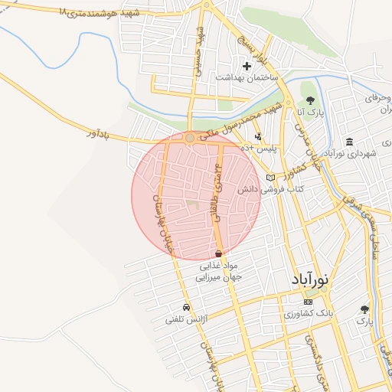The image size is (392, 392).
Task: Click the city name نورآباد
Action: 309,281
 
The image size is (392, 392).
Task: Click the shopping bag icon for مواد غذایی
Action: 219,253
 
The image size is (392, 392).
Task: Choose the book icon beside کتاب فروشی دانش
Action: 269,177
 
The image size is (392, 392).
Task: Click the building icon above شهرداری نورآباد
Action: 350,142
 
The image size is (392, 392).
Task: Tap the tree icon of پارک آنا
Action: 309,100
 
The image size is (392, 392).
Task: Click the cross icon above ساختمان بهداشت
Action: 247,67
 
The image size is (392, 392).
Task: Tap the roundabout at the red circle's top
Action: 190,138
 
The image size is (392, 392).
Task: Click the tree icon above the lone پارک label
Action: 364,309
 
